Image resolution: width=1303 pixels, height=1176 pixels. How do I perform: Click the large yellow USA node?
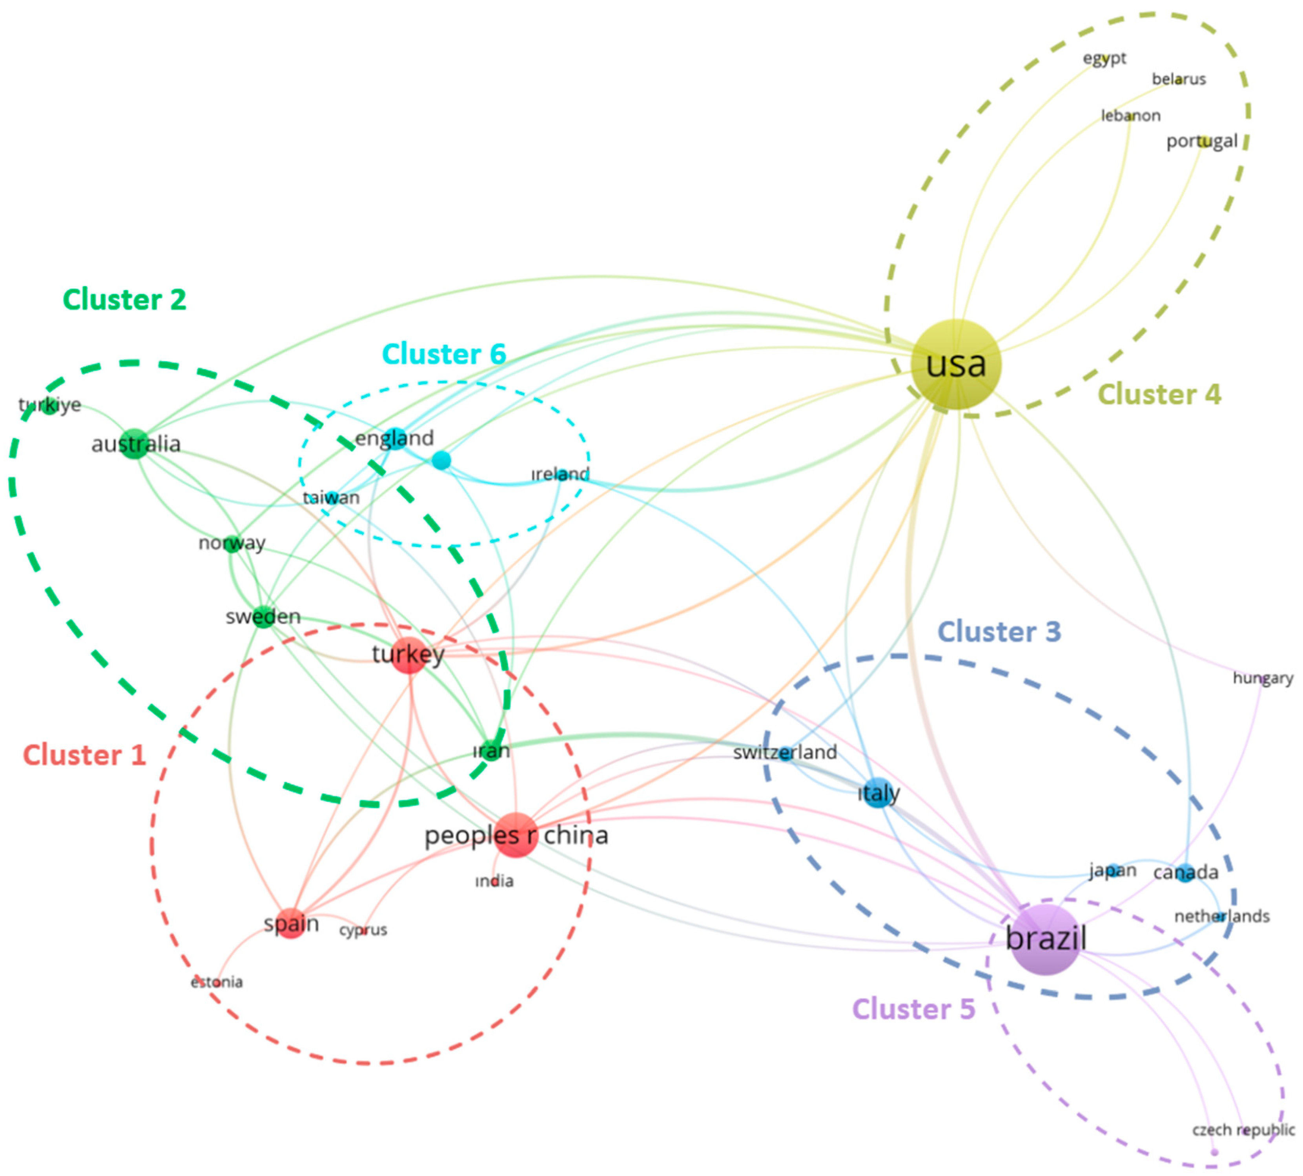click(x=956, y=364)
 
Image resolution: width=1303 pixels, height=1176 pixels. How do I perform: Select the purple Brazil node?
click(x=1045, y=939)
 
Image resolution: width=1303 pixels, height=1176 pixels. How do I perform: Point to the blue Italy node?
click(x=878, y=793)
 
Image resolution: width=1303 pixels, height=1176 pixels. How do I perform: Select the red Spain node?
click(x=291, y=924)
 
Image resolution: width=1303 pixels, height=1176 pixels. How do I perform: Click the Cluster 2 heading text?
click(x=124, y=300)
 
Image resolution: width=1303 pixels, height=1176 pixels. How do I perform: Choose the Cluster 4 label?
click(x=1159, y=394)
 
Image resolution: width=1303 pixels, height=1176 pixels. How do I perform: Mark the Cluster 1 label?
click(x=84, y=755)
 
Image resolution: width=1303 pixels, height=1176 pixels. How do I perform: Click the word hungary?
click(x=1262, y=678)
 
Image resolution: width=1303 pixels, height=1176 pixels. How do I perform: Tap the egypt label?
click(x=1104, y=58)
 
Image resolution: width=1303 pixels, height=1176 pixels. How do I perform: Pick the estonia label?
click(x=217, y=982)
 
